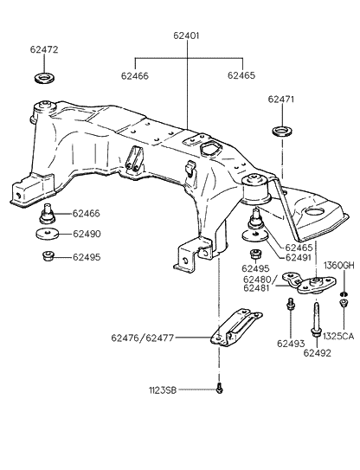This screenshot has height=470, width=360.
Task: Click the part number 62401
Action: click(x=186, y=36)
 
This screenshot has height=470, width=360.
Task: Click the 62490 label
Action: click(x=87, y=235)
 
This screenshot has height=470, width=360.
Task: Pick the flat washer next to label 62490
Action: click(x=47, y=235)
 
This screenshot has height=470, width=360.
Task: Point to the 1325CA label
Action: click(x=338, y=336)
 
